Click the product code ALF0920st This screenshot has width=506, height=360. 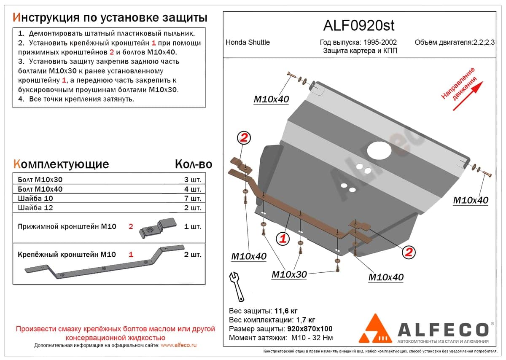click(x=359, y=26)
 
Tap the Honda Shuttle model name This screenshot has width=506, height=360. click(x=248, y=42)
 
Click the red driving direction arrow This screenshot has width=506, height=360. click(x=468, y=96)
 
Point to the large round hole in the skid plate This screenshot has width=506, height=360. click(x=379, y=150)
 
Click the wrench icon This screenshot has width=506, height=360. click(x=237, y=286)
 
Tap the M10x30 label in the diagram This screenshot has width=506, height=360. click(x=289, y=274)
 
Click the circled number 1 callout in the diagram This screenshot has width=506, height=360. click(x=283, y=239)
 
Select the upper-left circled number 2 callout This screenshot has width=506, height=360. click(x=244, y=137)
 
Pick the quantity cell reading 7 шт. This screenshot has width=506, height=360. click(x=192, y=198)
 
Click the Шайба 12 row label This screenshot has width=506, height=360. click(x=35, y=207)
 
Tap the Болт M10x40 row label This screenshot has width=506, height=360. click(x=40, y=189)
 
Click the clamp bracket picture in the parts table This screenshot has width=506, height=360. click(x=158, y=228)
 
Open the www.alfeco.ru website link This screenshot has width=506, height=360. click(x=178, y=345)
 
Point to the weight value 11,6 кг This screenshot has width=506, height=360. click(x=286, y=311)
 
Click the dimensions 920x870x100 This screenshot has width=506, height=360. click(x=310, y=329)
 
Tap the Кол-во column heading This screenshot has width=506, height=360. click(x=194, y=164)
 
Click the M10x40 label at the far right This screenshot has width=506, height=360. click(x=471, y=200)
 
